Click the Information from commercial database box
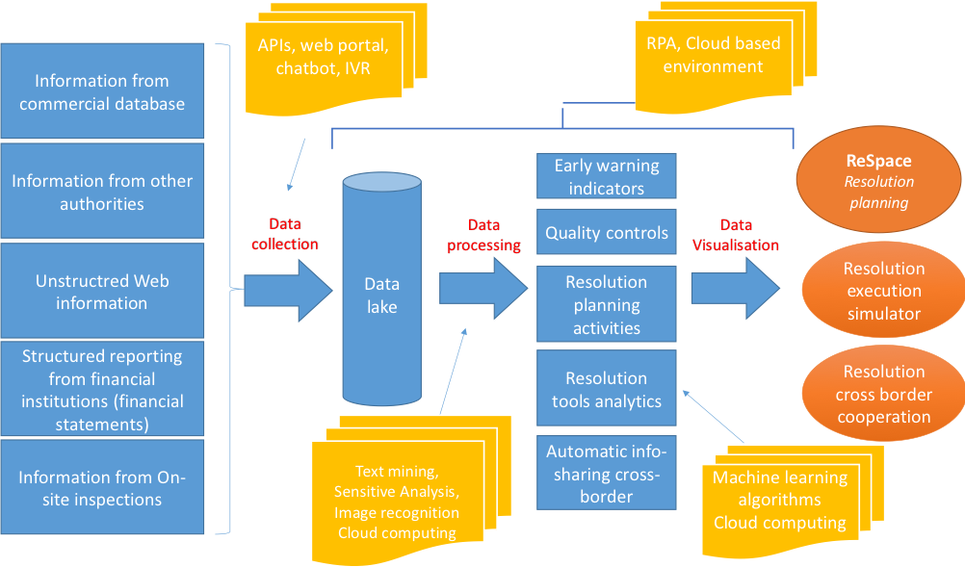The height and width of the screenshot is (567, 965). tap(102, 92)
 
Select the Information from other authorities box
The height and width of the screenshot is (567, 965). tap(102, 192)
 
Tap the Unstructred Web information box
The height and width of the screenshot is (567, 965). tap(102, 291)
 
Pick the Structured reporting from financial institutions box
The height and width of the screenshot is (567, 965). tap(102, 389)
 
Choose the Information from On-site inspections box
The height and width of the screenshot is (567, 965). tap(102, 488)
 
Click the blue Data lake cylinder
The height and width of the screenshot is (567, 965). tap(381, 295)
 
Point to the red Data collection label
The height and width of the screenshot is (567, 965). tap(284, 234)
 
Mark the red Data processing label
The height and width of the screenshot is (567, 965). tap(483, 235)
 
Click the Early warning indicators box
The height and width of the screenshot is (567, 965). tap(607, 176)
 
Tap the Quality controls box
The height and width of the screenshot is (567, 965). tap(607, 233)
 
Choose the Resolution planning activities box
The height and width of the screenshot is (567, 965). tap(607, 305)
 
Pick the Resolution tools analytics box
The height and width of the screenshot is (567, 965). tap(607, 389)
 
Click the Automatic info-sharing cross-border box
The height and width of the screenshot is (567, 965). tap(607, 474)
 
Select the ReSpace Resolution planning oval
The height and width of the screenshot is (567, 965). tap(878, 180)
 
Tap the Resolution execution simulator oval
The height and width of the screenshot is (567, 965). tap(883, 291)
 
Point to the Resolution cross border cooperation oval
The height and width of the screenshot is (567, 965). tap(883, 394)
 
